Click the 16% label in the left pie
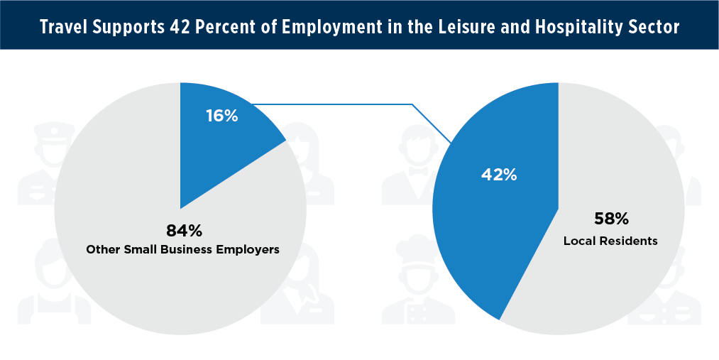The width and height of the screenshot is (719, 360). point(221,116)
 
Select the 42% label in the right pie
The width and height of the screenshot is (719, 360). point(500,174)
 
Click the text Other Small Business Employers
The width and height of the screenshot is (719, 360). point(182,250)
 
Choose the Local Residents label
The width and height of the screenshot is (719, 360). point(610,241)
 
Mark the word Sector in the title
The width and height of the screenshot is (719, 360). point(657,27)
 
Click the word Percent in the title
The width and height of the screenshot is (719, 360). point(233,27)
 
